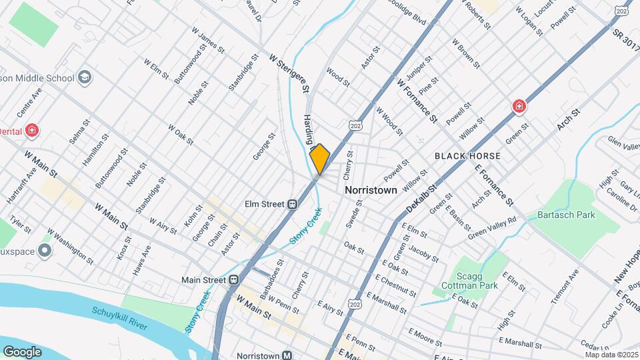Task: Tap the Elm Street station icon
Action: (x=292, y=205)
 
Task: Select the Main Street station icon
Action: (x=234, y=280)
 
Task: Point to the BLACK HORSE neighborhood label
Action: (x=467, y=155)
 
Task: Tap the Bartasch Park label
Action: (x=566, y=215)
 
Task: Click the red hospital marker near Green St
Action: (x=518, y=106)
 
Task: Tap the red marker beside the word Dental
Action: (x=31, y=130)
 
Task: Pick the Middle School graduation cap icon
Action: (x=84, y=78)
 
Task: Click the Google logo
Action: (x=22, y=351)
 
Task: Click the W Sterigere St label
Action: (x=290, y=73)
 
